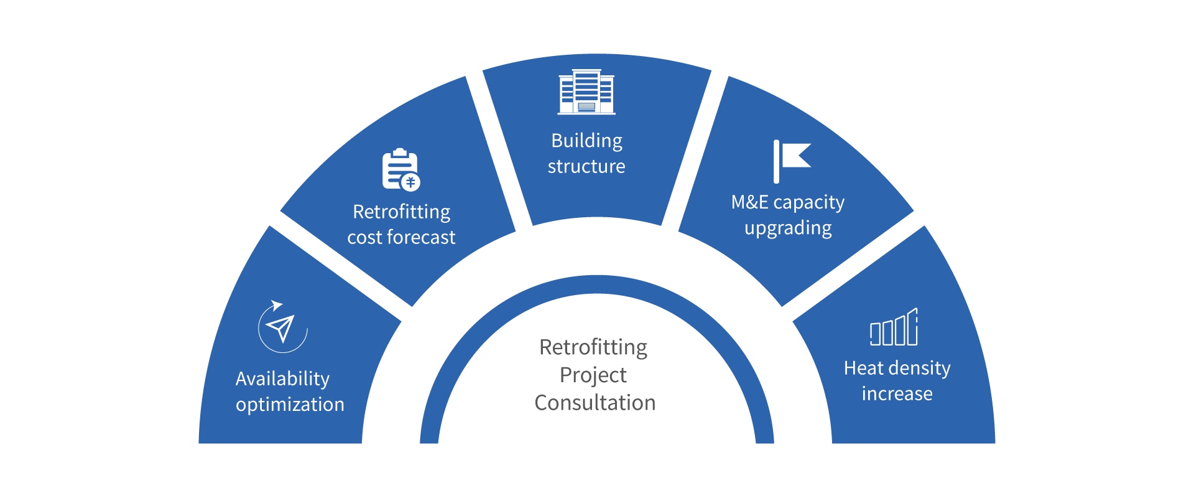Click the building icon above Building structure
pos(586,92)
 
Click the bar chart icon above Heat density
pos(894,328)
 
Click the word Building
pos(586,141)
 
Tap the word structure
pos(586,167)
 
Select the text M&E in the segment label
pos(749,202)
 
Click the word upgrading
pos(788,228)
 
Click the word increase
pos(897,393)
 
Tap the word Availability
pos(282,379)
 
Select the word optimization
pos(290,405)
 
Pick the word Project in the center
pos(593,375)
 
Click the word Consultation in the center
pos(595,403)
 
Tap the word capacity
pos(808,203)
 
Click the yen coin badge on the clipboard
pos(410,182)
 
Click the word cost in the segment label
pos(364,237)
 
